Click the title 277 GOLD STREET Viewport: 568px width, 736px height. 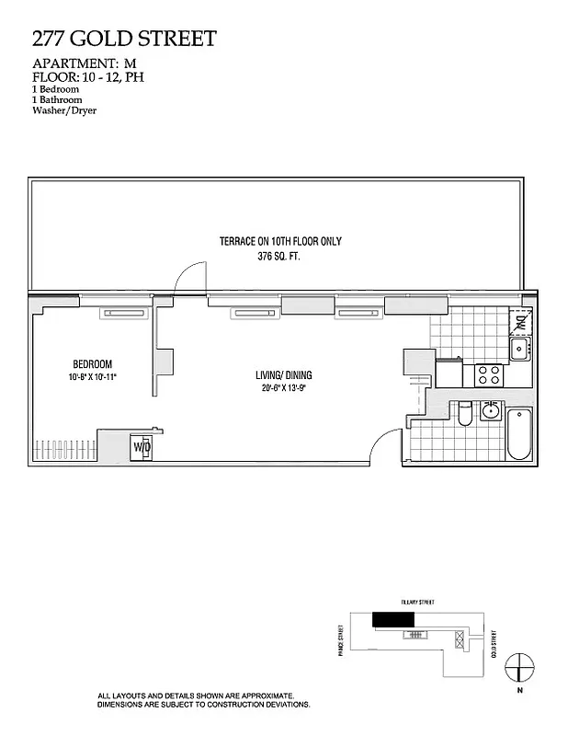(x=124, y=39)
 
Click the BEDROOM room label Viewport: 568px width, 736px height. (x=92, y=364)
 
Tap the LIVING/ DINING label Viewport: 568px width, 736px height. (x=284, y=374)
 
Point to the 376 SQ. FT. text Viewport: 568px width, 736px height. (x=278, y=258)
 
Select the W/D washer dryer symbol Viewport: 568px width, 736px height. (x=142, y=446)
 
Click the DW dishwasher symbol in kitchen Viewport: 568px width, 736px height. (x=520, y=322)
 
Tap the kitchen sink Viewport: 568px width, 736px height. (x=520, y=349)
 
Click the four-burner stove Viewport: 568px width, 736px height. (x=489, y=374)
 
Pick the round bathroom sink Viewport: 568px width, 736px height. (x=490, y=410)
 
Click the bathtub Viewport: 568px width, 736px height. (x=519, y=433)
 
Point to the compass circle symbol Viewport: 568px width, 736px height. (x=520, y=664)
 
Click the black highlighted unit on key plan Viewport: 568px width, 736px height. (x=387, y=619)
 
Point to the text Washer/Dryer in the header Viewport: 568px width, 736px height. (x=64, y=110)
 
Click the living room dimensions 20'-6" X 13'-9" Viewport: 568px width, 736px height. (x=284, y=388)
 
